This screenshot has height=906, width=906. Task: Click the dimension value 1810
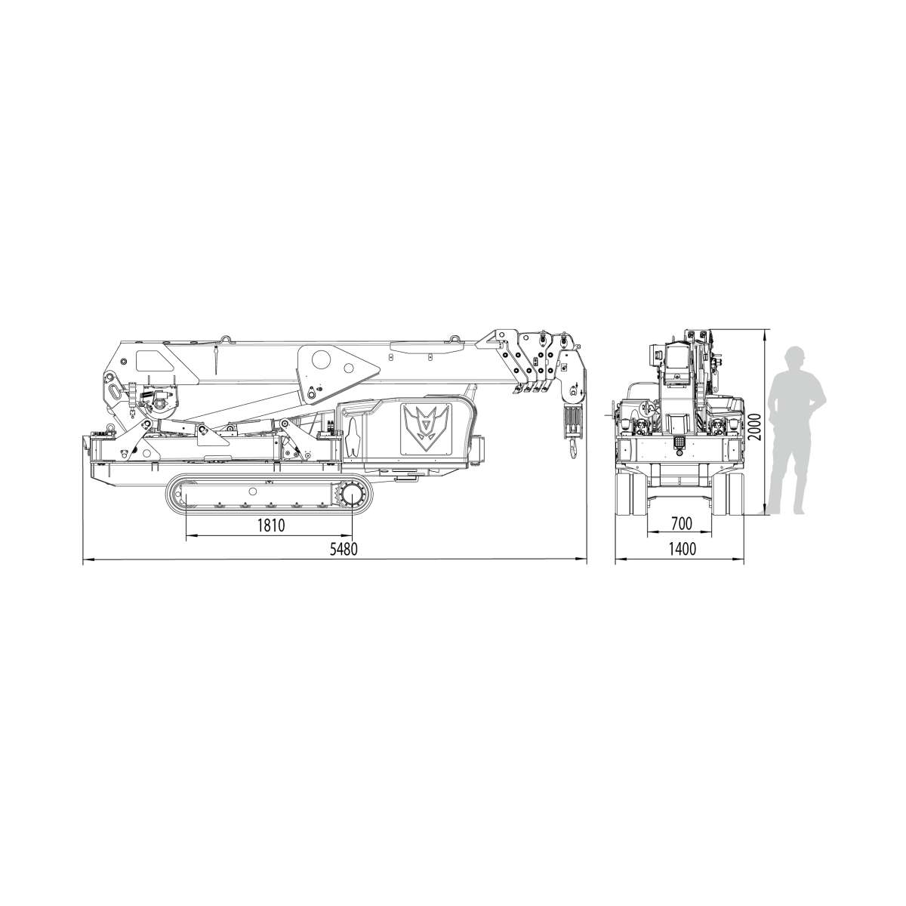pos(271,525)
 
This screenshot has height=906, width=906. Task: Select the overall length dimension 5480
pos(344,549)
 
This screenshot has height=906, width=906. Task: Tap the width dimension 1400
pos(682,548)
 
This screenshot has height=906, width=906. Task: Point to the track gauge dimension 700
pos(681,523)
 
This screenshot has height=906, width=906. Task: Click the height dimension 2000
pos(753,427)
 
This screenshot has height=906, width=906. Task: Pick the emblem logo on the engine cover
pos(426,428)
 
